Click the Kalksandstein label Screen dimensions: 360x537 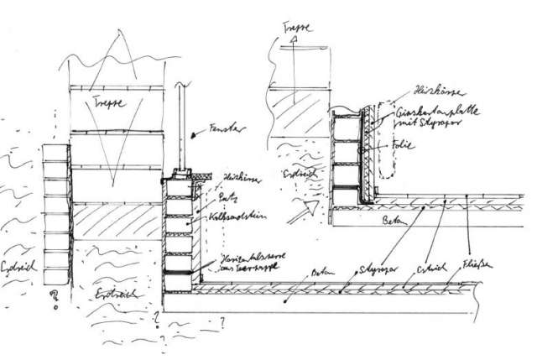click(x=240, y=217)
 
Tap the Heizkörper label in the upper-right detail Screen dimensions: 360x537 click(x=430, y=89)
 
